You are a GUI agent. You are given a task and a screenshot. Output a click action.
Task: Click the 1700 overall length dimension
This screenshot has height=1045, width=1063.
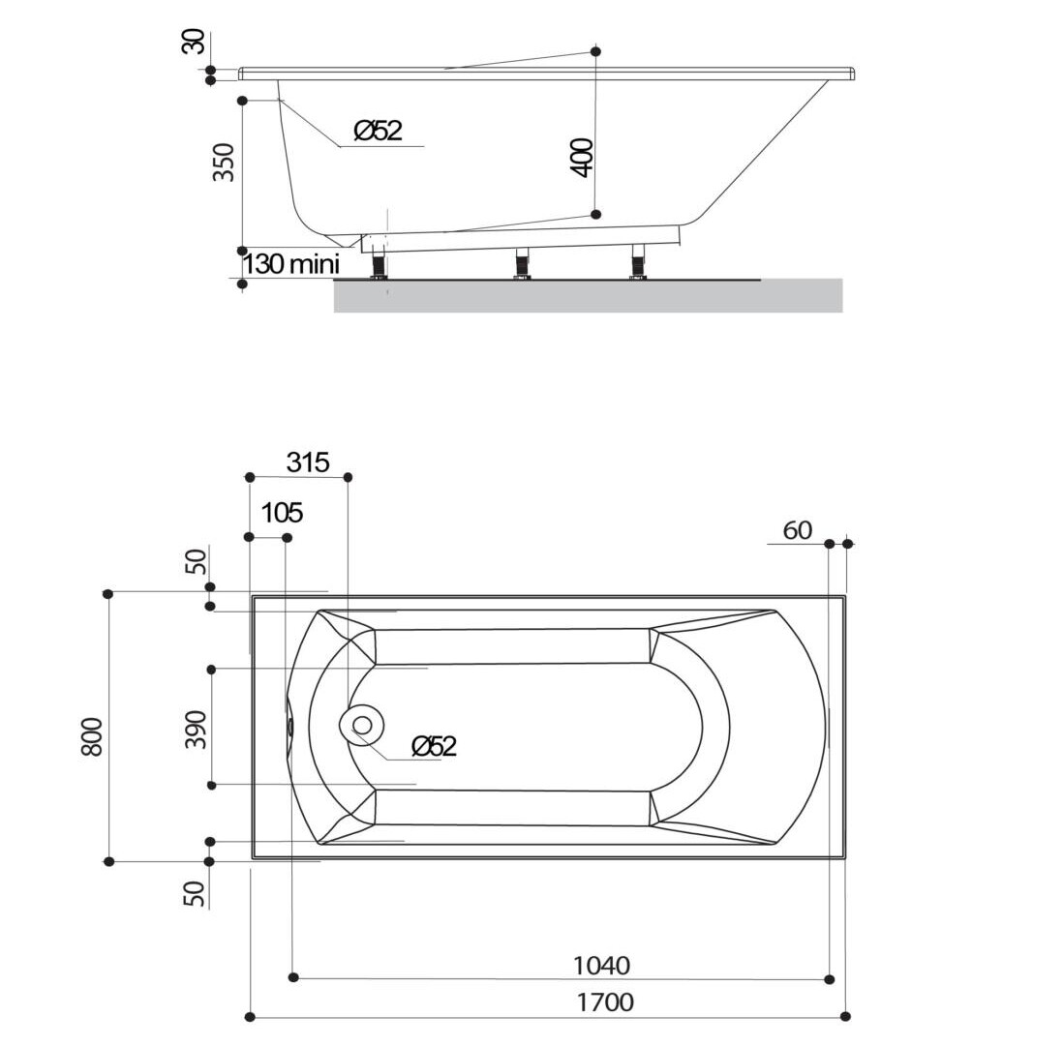pos(605,1001)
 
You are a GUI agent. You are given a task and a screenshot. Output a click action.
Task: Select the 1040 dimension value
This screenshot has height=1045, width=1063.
pos(601,965)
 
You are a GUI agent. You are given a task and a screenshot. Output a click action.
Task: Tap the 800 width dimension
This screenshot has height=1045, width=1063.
pos(92,736)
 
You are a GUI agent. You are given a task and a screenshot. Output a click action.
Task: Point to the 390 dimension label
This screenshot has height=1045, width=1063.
pos(196,730)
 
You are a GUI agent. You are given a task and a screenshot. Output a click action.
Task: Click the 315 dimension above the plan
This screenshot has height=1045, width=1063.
pos(308,463)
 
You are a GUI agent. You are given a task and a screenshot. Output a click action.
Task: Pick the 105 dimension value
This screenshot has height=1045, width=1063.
pos(282,513)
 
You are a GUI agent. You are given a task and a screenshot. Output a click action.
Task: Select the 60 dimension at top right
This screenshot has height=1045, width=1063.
pos(798,530)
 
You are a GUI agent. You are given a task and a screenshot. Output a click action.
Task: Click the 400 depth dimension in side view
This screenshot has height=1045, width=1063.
pos(583,157)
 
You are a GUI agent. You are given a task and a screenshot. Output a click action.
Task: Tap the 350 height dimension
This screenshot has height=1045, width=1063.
pos(224,162)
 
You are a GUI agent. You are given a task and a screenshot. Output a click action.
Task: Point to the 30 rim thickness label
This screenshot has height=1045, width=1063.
pos(195,41)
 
